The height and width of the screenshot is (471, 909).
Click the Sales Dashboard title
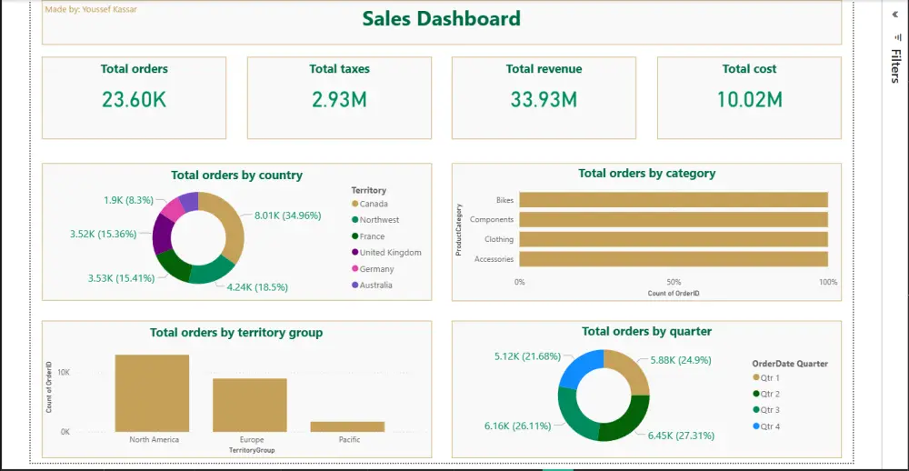point(442,19)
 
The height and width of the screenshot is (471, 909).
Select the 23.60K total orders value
point(134,100)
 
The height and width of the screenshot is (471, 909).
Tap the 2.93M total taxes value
point(339,100)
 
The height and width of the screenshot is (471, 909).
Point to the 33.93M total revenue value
point(544,100)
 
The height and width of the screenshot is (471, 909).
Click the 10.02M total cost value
point(749,100)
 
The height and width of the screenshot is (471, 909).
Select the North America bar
point(152,393)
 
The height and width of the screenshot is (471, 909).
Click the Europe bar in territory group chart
point(250,405)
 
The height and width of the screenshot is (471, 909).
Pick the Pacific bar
point(347,426)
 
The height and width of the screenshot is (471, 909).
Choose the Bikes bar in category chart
point(673,200)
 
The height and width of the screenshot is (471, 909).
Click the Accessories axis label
point(494,260)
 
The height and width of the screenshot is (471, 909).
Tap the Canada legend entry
point(373,204)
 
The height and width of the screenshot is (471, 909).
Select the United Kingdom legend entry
point(390,253)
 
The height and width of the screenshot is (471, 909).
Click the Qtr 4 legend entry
point(770,426)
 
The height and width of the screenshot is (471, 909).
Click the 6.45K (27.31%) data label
point(680,436)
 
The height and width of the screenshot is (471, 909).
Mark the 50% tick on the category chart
point(674,282)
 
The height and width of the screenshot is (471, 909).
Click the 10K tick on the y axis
point(64,373)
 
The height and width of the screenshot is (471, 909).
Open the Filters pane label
point(894,65)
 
